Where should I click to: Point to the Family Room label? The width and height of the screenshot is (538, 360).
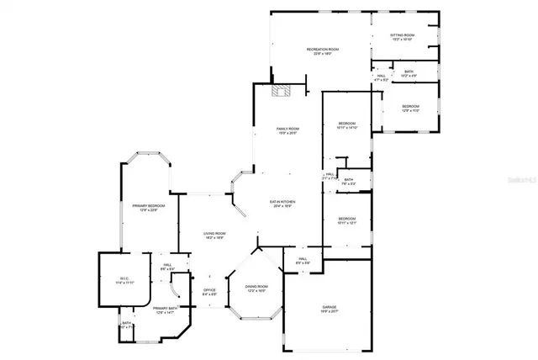point(288,130)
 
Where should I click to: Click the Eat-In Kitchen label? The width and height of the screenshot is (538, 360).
point(282,204)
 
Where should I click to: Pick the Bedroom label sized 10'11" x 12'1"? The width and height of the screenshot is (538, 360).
point(347,220)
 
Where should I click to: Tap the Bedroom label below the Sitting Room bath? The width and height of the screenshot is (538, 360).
point(409,108)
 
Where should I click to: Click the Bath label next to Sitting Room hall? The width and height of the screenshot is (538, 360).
point(409,74)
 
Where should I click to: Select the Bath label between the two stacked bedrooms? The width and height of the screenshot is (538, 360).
point(349,182)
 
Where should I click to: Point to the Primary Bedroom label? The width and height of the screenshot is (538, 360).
point(148,208)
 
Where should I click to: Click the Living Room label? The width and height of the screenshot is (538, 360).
point(214,236)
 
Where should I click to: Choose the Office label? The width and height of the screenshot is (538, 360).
point(210,292)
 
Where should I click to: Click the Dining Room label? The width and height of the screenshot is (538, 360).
point(256,288)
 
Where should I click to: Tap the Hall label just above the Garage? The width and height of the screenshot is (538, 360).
point(303,261)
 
